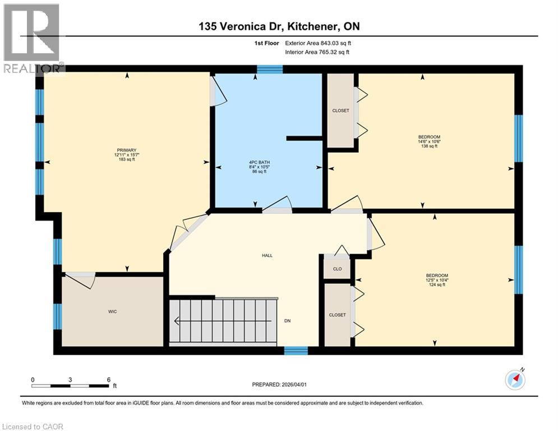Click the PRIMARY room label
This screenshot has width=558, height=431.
pos(126,150)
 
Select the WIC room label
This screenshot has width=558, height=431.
pos(113,311)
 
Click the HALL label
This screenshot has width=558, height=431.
pos(267,255)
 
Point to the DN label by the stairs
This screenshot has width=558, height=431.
pos(287,322)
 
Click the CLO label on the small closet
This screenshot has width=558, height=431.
pos(337,269)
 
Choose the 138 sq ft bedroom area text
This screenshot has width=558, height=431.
pos(429,145)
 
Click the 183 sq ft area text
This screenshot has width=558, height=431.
pos(126,160)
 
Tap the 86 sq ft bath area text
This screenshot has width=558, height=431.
pos(257,172)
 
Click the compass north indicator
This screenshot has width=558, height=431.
pos(515,379)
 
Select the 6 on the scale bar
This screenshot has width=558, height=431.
pos(108,379)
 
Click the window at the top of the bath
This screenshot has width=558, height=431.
pos(270,69)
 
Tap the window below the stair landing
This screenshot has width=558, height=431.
pos(296,351)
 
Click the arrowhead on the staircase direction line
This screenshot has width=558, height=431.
pos(177,322)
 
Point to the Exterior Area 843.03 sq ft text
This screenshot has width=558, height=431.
pos(318,43)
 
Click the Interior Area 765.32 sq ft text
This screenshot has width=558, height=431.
pos(318,52)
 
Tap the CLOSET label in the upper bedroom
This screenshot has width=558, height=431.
pos(340,111)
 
